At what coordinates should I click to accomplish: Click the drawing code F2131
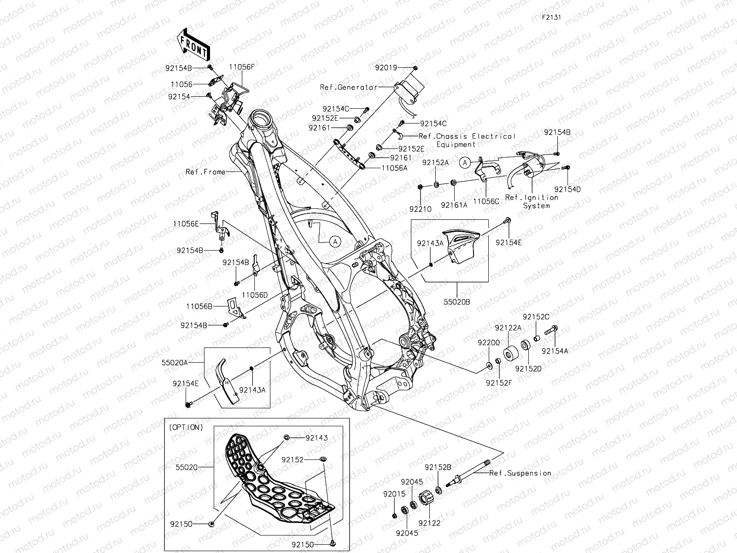551,18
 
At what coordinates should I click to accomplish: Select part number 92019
386,68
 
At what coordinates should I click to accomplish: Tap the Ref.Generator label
355,87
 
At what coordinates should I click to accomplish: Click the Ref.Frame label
205,172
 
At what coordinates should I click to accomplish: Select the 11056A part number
394,168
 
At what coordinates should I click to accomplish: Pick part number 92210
420,209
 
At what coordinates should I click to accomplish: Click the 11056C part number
486,202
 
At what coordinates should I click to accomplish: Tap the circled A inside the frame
335,241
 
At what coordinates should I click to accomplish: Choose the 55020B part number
457,302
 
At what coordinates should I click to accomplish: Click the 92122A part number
509,328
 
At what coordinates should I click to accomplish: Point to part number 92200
488,343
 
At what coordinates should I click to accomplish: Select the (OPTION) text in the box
186,427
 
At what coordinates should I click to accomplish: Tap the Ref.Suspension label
520,473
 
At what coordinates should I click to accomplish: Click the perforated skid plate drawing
272,479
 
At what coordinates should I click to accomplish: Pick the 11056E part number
186,224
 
